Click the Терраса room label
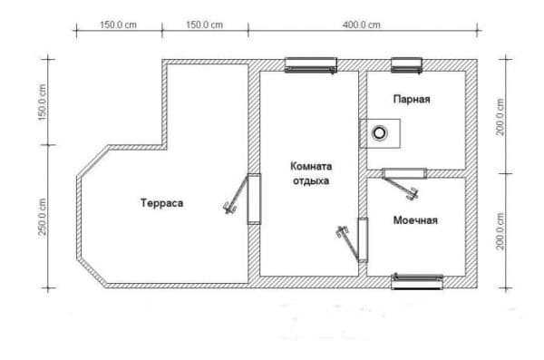coord(162,203)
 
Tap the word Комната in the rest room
coord(311,166)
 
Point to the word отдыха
coord(311,181)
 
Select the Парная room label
coord(412,99)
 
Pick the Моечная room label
coord(415,220)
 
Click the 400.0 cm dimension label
coord(362,25)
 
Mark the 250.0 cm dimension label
coord(43,217)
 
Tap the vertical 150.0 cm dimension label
coord(43,102)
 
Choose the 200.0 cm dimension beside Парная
coord(500,117)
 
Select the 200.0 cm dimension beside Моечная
coord(500,231)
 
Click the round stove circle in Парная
coord(380,133)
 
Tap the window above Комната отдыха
coord(310,65)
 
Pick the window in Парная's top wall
coord(406,65)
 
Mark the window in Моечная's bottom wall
coord(417,281)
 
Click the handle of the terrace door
coord(229,208)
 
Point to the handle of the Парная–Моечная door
coord(413,194)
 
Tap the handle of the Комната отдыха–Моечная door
coord(343,232)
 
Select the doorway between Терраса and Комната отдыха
coord(254,199)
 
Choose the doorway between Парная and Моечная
coord(404,173)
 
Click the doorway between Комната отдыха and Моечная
coord(363,240)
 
